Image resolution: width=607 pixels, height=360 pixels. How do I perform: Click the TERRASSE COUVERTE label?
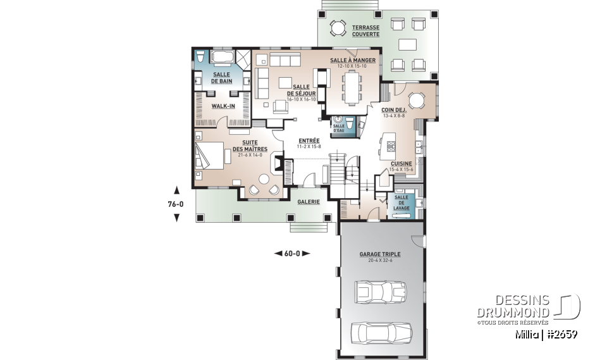pyautogui.click(x=365, y=31)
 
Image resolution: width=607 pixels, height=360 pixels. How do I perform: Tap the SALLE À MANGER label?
pyautogui.click(x=353, y=60)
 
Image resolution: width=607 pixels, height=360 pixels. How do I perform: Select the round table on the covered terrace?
pyautogui.click(x=338, y=28)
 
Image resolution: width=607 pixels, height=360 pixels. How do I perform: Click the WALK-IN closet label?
pyautogui.click(x=223, y=106)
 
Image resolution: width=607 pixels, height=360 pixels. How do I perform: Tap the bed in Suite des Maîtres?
pyautogui.click(x=209, y=155)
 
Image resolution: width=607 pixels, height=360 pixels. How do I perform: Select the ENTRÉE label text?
pyautogui.click(x=309, y=140)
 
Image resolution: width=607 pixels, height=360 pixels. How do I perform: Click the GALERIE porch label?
pyautogui.click(x=309, y=201)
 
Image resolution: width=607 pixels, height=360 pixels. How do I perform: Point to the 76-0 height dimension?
pyautogui.click(x=176, y=204)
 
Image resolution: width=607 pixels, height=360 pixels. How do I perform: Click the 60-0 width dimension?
pyautogui.click(x=292, y=254)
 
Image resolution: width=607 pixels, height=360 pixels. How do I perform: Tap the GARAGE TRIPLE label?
pyautogui.click(x=380, y=254)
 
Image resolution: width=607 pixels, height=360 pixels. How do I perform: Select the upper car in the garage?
pyautogui.click(x=381, y=292)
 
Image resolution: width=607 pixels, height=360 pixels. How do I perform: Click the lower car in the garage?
pyautogui.click(x=381, y=333)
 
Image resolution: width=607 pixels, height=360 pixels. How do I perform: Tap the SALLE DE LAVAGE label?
pyautogui.click(x=402, y=202)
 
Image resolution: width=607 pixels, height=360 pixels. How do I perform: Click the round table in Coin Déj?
pyautogui.click(x=417, y=101)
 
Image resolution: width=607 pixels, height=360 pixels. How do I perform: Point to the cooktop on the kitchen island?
pyautogui.click(x=391, y=146)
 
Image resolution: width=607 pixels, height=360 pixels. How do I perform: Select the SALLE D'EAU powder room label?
pyautogui.click(x=339, y=128)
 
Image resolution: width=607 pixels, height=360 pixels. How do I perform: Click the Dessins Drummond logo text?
pyautogui.click(x=513, y=306)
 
